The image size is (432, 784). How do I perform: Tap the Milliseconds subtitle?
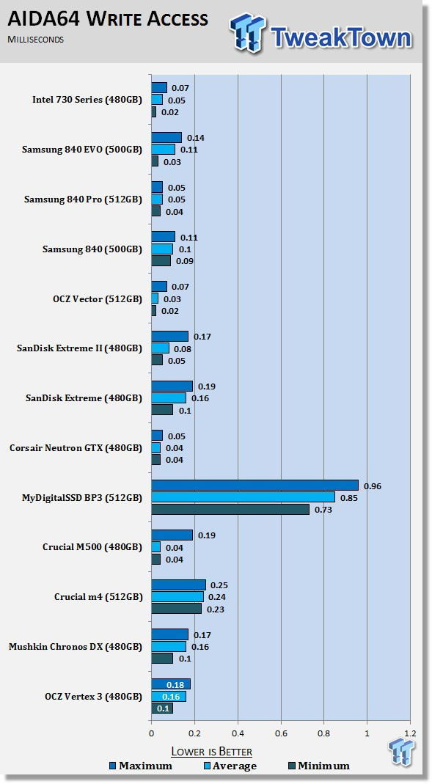tap(35, 39)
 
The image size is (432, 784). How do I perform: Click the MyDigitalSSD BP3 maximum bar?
tap(255, 485)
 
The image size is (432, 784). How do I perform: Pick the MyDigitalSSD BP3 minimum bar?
tap(230, 509)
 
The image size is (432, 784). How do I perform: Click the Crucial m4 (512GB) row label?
tap(98, 597)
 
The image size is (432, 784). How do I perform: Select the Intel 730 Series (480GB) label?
tap(87, 100)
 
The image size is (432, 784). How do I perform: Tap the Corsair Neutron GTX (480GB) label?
tap(76, 448)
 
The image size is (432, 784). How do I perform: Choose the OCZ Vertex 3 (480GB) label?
tap(93, 697)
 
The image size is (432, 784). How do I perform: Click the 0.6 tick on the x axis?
tap(281, 733)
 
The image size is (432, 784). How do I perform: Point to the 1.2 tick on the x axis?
tap(410, 733)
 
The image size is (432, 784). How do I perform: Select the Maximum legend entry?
tap(141, 766)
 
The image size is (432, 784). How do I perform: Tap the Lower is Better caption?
tap(211, 752)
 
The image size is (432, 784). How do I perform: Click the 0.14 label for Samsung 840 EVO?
tap(196, 138)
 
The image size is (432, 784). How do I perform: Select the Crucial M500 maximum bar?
tap(172, 535)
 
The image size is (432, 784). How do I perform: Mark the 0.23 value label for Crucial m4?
tap(216, 609)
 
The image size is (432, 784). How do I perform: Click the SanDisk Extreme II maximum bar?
tap(170, 336)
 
